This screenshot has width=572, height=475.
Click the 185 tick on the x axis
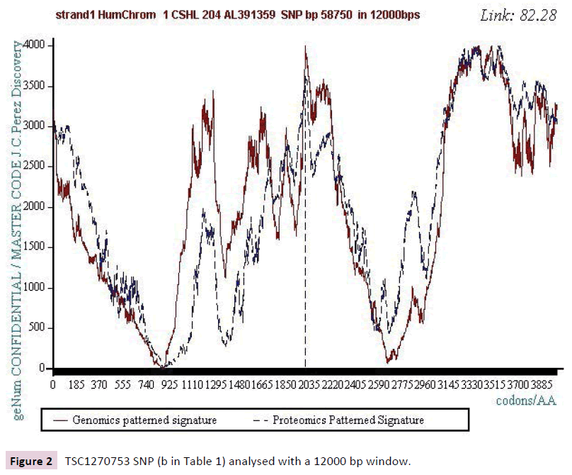pos(76,384)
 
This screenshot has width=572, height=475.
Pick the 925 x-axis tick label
pos(169,384)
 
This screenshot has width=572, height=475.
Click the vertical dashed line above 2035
pos(305,248)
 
